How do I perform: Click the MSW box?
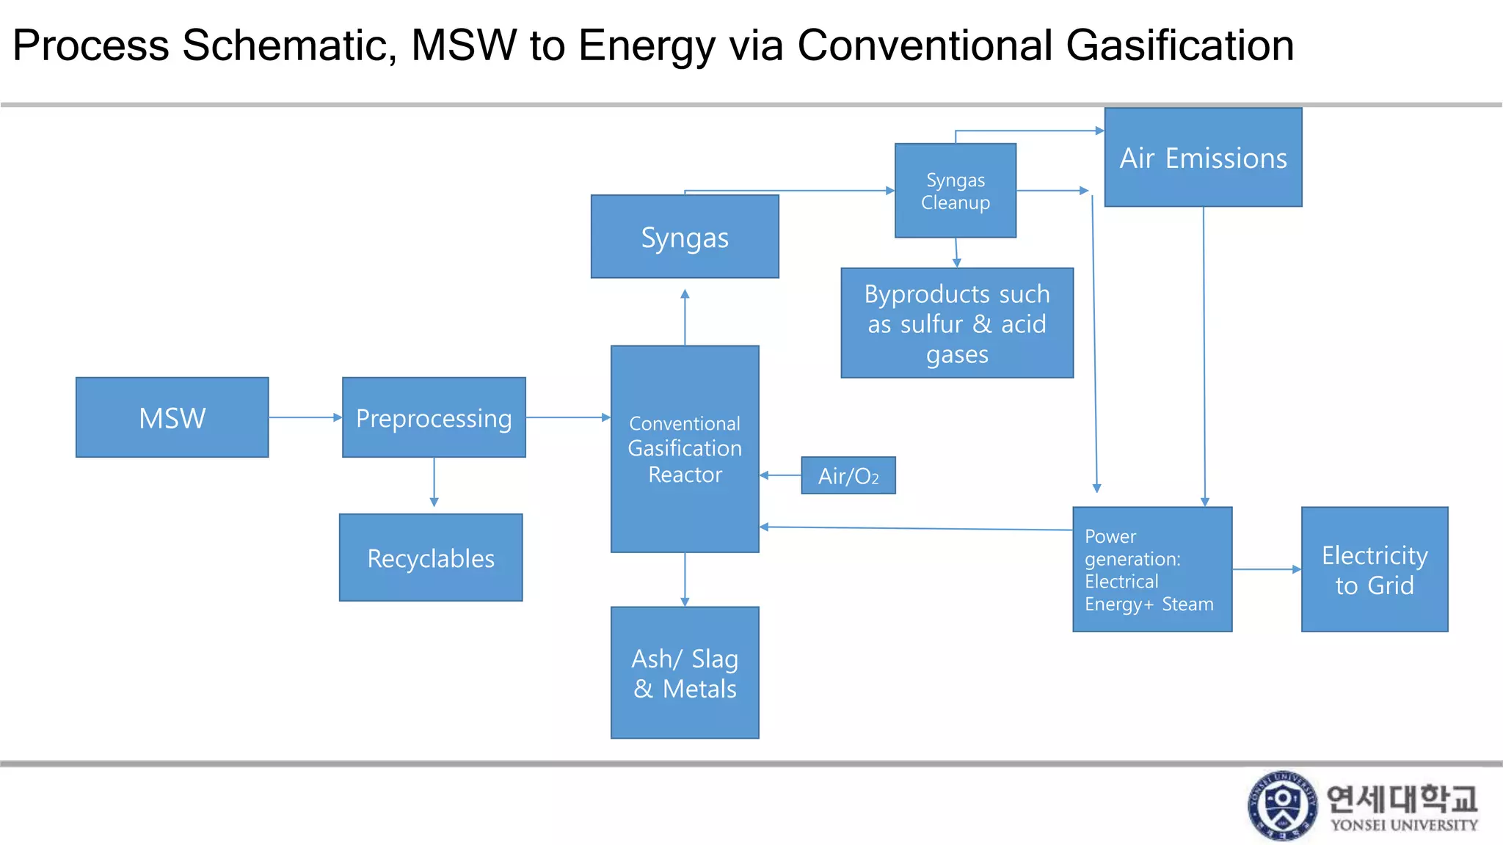172,417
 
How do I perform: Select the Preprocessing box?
434,417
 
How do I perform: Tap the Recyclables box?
431,557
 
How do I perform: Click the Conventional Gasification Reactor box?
685,449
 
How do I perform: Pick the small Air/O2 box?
848,475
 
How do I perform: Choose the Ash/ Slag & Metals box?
685,673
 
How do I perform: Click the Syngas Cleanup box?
955,191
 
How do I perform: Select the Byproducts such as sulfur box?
957,323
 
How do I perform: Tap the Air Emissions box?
1203,158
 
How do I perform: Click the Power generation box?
1151,569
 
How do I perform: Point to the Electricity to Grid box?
1374,569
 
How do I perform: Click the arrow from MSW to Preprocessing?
305,417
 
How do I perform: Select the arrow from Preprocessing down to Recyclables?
434,483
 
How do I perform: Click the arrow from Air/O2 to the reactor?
780,475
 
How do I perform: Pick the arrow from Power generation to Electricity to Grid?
1266,569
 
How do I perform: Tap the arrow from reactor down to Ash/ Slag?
685,579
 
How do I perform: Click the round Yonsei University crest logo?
1282,805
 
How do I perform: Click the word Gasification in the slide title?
1179,45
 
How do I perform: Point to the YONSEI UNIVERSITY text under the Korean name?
1403,825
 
